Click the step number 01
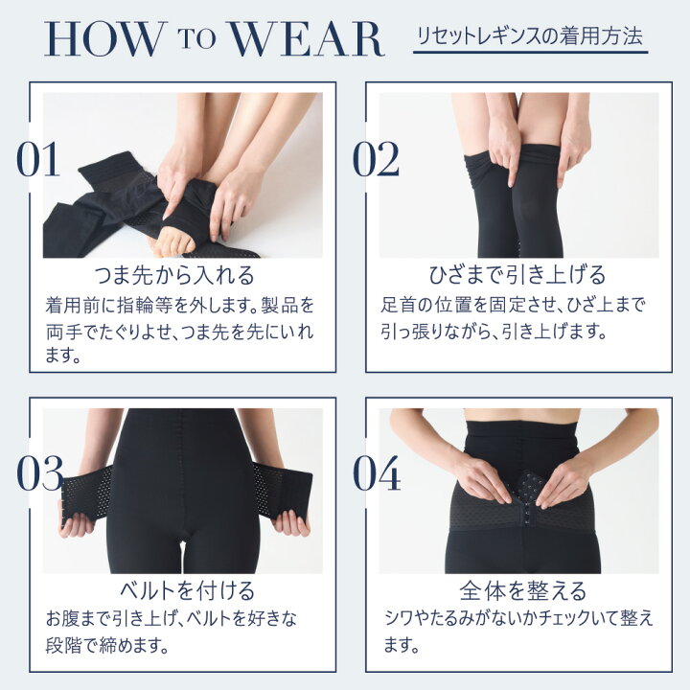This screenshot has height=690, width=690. [x=38, y=161]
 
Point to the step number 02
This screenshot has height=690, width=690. [x=376, y=161]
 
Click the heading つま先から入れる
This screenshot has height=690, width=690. [x=175, y=276]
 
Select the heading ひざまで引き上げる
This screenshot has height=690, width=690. [x=517, y=276]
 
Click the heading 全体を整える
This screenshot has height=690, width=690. [x=517, y=588]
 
